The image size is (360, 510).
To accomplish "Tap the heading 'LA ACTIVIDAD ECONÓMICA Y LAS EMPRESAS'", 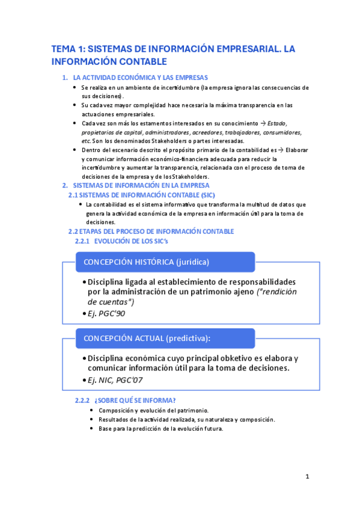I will [140, 78].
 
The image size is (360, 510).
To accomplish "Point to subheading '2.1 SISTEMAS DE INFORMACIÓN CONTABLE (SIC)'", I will [141, 195].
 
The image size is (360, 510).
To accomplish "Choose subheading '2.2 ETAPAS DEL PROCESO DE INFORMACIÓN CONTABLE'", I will [151, 232].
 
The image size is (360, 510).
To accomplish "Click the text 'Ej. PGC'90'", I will [106, 313].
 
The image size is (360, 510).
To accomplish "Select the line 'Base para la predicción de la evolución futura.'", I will [160, 429].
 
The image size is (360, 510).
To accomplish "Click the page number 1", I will [307, 477].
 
